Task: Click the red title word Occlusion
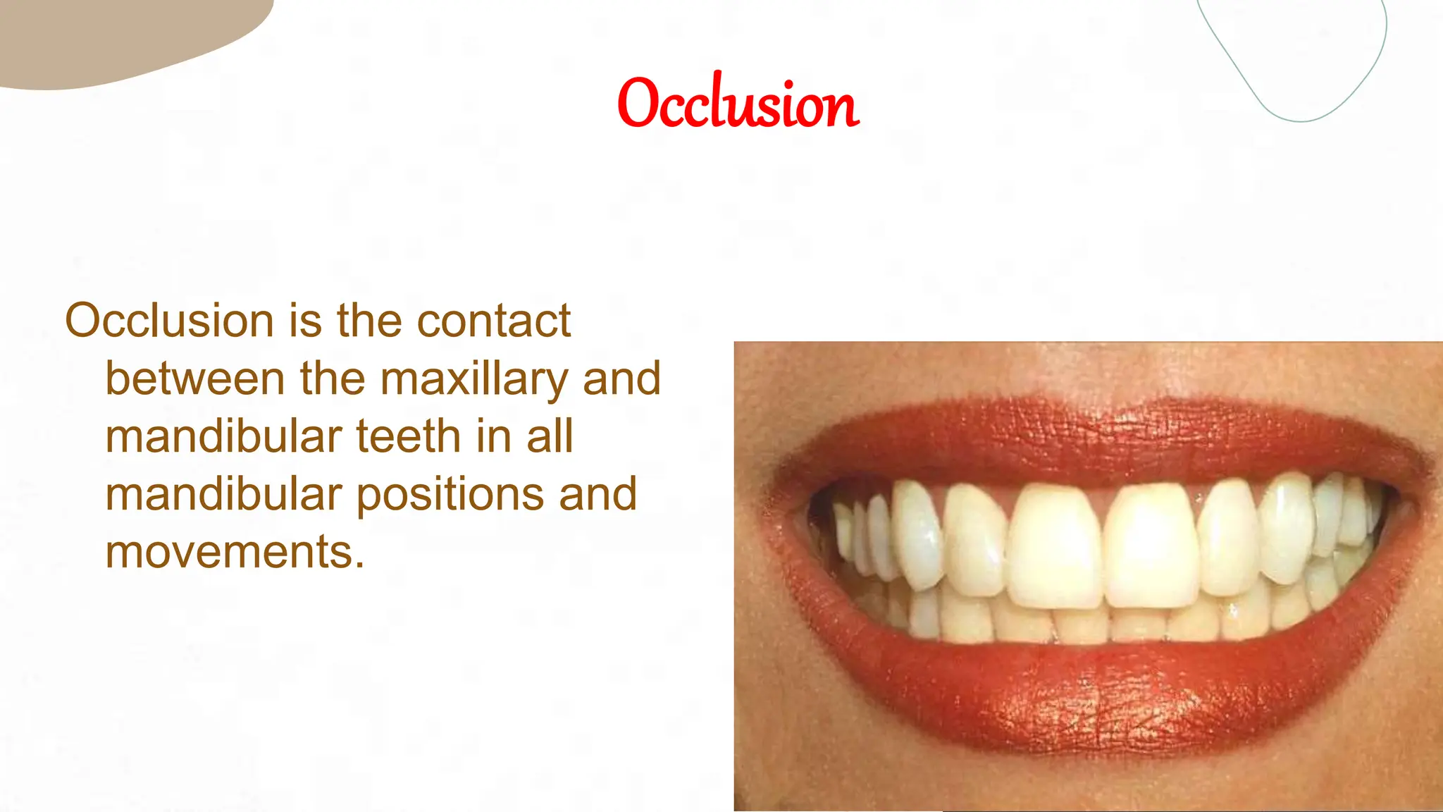pyautogui.click(x=738, y=103)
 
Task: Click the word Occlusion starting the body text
pyautogui.click(x=169, y=321)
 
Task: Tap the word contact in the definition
pyautogui.click(x=493, y=321)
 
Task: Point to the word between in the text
pyautogui.click(x=195, y=379)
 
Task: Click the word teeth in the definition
pyautogui.click(x=409, y=437)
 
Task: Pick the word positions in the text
pyautogui.click(x=450, y=495)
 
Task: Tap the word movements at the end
pyautogui.click(x=235, y=553)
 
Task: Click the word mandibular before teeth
pyautogui.click(x=223, y=437)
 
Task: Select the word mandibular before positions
pyautogui.click(x=223, y=495)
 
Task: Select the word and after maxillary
pyautogui.click(x=622, y=379)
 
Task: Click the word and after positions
pyautogui.click(x=598, y=495)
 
